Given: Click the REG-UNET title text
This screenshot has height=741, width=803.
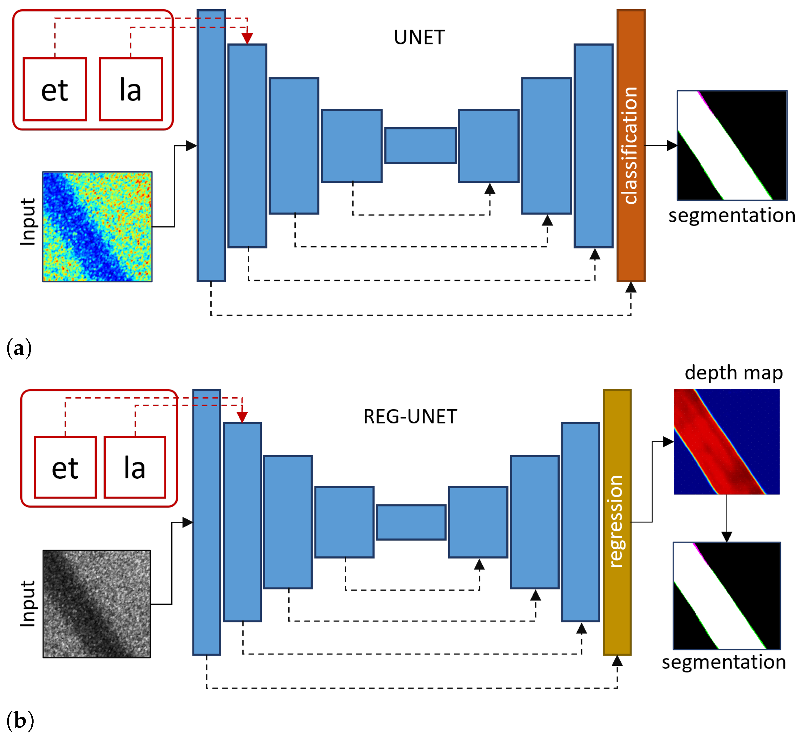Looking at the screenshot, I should tap(410, 417).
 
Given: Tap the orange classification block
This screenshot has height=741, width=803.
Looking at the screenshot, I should tap(631, 145).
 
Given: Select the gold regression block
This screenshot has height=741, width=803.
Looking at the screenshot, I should tap(617, 522).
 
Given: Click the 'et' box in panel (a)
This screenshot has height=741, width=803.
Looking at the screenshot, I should tap(55, 89).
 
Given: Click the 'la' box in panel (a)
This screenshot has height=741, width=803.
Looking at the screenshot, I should tap(131, 89).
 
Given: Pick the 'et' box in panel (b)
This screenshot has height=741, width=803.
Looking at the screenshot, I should tap(65, 467).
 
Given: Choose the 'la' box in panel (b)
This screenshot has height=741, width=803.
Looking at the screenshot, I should tap(135, 467).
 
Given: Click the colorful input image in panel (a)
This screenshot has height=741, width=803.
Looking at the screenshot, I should tap(97, 227).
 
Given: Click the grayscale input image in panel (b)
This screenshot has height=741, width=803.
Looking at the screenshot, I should tap(97, 604).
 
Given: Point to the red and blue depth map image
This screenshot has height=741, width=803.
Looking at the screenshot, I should tap(727, 441).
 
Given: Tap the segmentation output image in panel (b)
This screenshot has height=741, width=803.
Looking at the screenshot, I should tap(727, 596).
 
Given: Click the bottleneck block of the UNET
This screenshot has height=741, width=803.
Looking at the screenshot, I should tap(420, 145).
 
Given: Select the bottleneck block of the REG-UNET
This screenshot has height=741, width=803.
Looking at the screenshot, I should tap(411, 522).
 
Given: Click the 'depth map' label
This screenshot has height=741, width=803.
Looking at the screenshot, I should tap(733, 373).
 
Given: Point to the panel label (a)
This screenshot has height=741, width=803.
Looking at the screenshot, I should tap(19, 348).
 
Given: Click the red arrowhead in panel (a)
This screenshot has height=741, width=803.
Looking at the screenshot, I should tap(247, 38).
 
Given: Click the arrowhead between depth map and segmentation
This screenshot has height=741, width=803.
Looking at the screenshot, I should tap(727, 537).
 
